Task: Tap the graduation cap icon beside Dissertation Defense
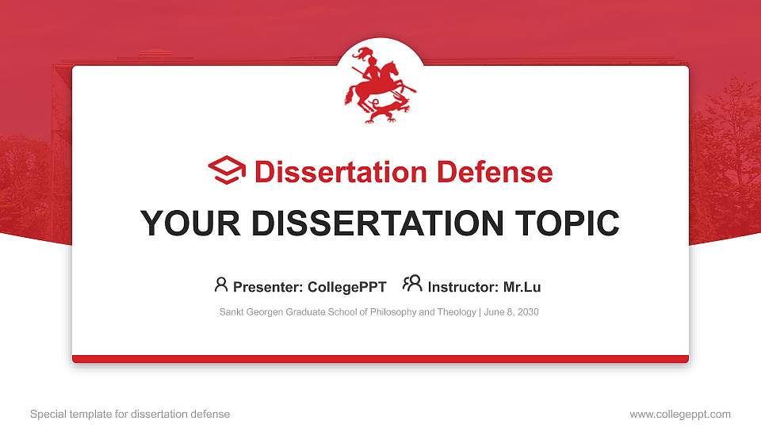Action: point(227,170)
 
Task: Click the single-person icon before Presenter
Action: point(221,285)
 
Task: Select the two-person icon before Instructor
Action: point(412,284)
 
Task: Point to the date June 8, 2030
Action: point(511,312)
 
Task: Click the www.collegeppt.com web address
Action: point(680,415)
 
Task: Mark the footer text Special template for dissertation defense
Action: point(130,415)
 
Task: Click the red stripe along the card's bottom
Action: point(380,359)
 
